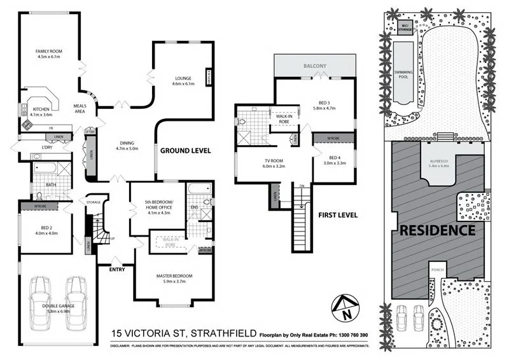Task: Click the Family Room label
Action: [48, 53]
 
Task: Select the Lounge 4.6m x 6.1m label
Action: [185, 81]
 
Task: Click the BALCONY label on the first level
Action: [315, 66]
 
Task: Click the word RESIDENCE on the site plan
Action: [437, 230]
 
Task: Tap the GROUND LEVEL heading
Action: [185, 151]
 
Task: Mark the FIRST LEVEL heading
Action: [337, 215]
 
